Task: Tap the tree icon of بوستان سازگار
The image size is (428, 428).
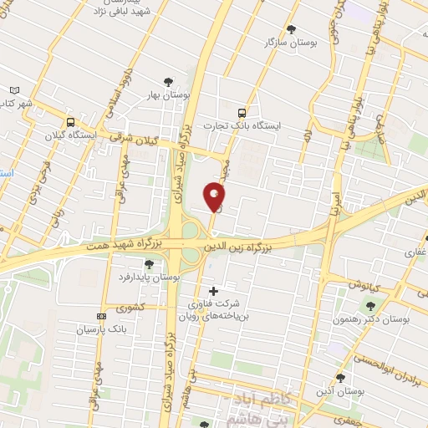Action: [x=291, y=28]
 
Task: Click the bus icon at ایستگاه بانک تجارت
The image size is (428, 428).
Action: [x=242, y=112]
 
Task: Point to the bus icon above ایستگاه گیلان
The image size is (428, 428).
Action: [x=72, y=120]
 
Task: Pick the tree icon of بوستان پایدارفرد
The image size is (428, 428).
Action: [x=149, y=264]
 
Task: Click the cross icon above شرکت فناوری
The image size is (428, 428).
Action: [x=214, y=291]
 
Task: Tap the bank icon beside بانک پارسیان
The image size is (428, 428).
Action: [x=102, y=316]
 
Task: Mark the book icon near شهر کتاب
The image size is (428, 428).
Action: [x=13, y=90]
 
